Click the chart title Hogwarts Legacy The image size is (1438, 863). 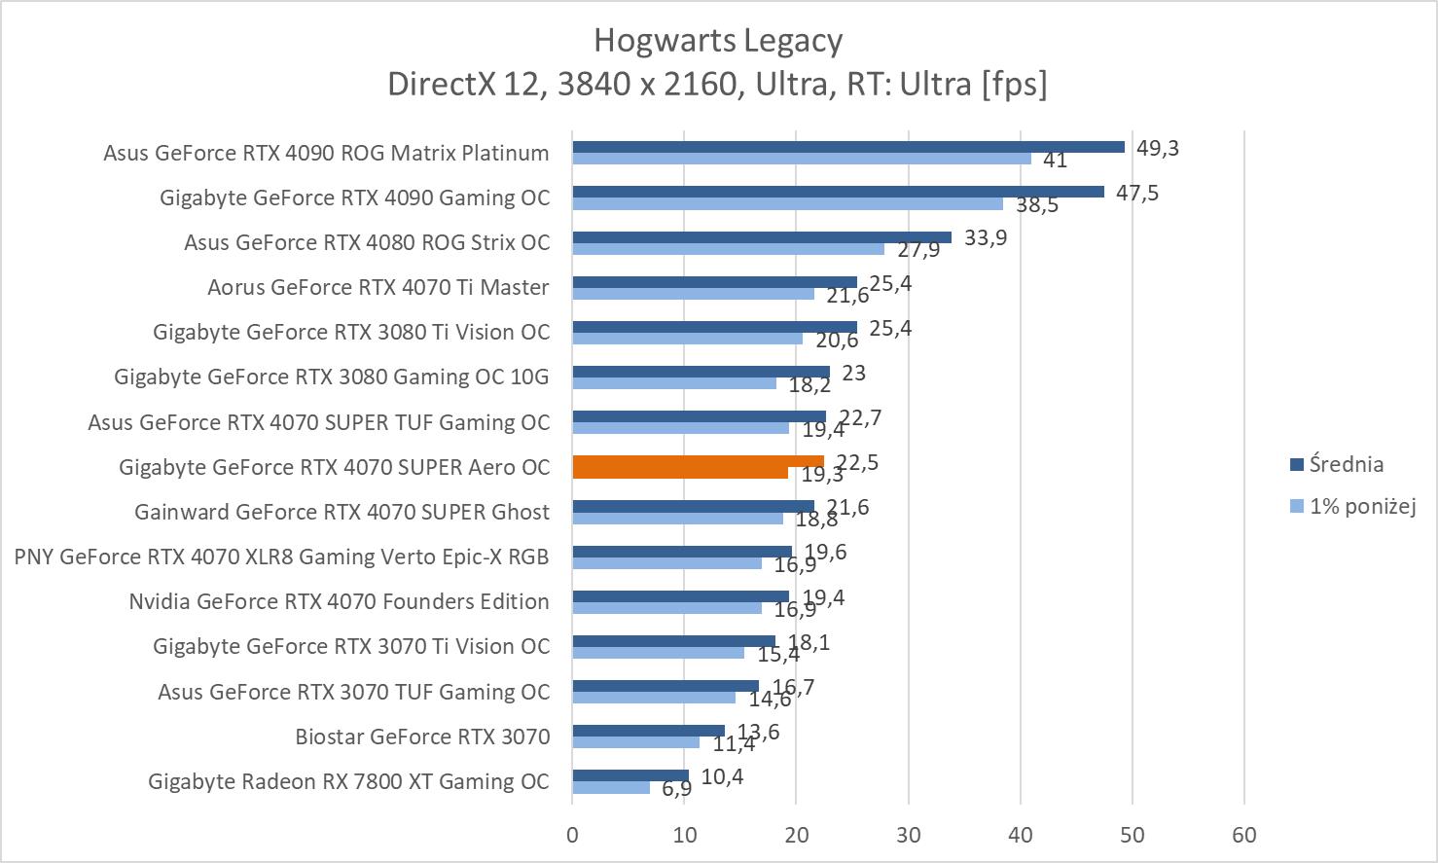pyautogui.click(x=718, y=41)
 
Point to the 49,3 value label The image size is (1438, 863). pyautogui.click(x=1157, y=148)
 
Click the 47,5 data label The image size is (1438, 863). pyautogui.click(x=1136, y=193)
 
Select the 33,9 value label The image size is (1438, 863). pyautogui.click(x=985, y=237)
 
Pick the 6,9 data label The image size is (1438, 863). pyautogui.click(x=676, y=788)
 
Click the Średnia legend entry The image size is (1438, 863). pyautogui.click(x=1346, y=464)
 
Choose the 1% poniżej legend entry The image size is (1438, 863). pyautogui.click(x=1361, y=506)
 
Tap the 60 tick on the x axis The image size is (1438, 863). pyautogui.click(x=1244, y=835)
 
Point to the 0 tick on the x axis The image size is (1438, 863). pyautogui.click(x=572, y=835)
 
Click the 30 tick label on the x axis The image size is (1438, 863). pyautogui.click(x=909, y=835)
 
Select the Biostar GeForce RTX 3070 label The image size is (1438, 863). pyautogui.click(x=422, y=737)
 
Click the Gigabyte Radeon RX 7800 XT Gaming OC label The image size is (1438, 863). pyautogui.click(x=348, y=781)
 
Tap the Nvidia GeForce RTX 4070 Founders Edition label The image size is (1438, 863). pyautogui.click(x=339, y=601)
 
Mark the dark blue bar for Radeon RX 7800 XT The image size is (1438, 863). pyautogui.click(x=630, y=775)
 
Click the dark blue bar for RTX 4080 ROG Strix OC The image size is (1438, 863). pyautogui.click(x=761, y=236)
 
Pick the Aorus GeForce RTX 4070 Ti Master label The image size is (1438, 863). pyautogui.click(x=377, y=287)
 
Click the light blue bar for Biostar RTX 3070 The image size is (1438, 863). pyautogui.click(x=635, y=742)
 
